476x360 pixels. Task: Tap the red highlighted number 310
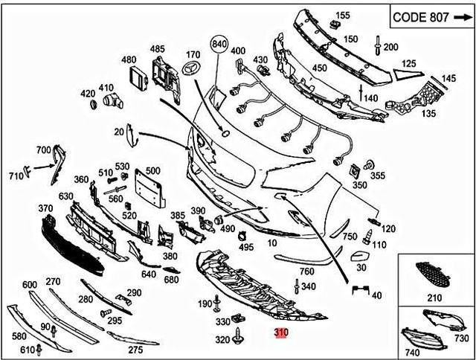pyautogui.click(x=280, y=333)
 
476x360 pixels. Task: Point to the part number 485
pyautogui.click(x=157, y=49)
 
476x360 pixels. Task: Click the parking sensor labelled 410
pyautogui.click(x=112, y=100)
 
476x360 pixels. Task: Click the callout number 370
pyautogui.click(x=45, y=208)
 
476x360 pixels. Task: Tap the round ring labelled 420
pyautogui.click(x=94, y=105)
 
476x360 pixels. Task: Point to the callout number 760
pyautogui.click(x=306, y=271)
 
